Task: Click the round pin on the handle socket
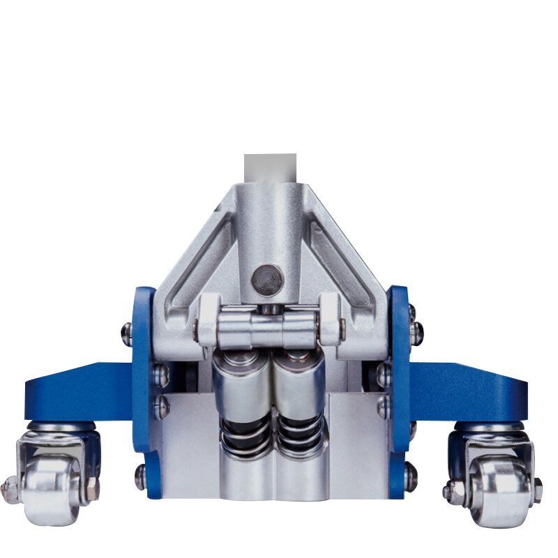[x=268, y=280]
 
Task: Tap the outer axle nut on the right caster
[x=537, y=488]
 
